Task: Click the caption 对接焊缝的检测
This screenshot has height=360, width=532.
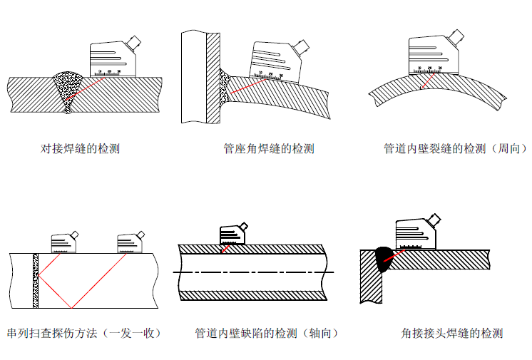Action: pos(80,149)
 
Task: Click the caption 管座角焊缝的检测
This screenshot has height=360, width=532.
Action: pos(268,149)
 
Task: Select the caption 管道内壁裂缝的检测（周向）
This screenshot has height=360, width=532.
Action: pos(456,149)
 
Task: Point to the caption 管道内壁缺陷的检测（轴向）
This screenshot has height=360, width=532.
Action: pos(266,333)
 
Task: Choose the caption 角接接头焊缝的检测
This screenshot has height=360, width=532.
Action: pos(452,333)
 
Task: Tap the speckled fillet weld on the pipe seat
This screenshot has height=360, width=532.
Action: pos(224,86)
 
